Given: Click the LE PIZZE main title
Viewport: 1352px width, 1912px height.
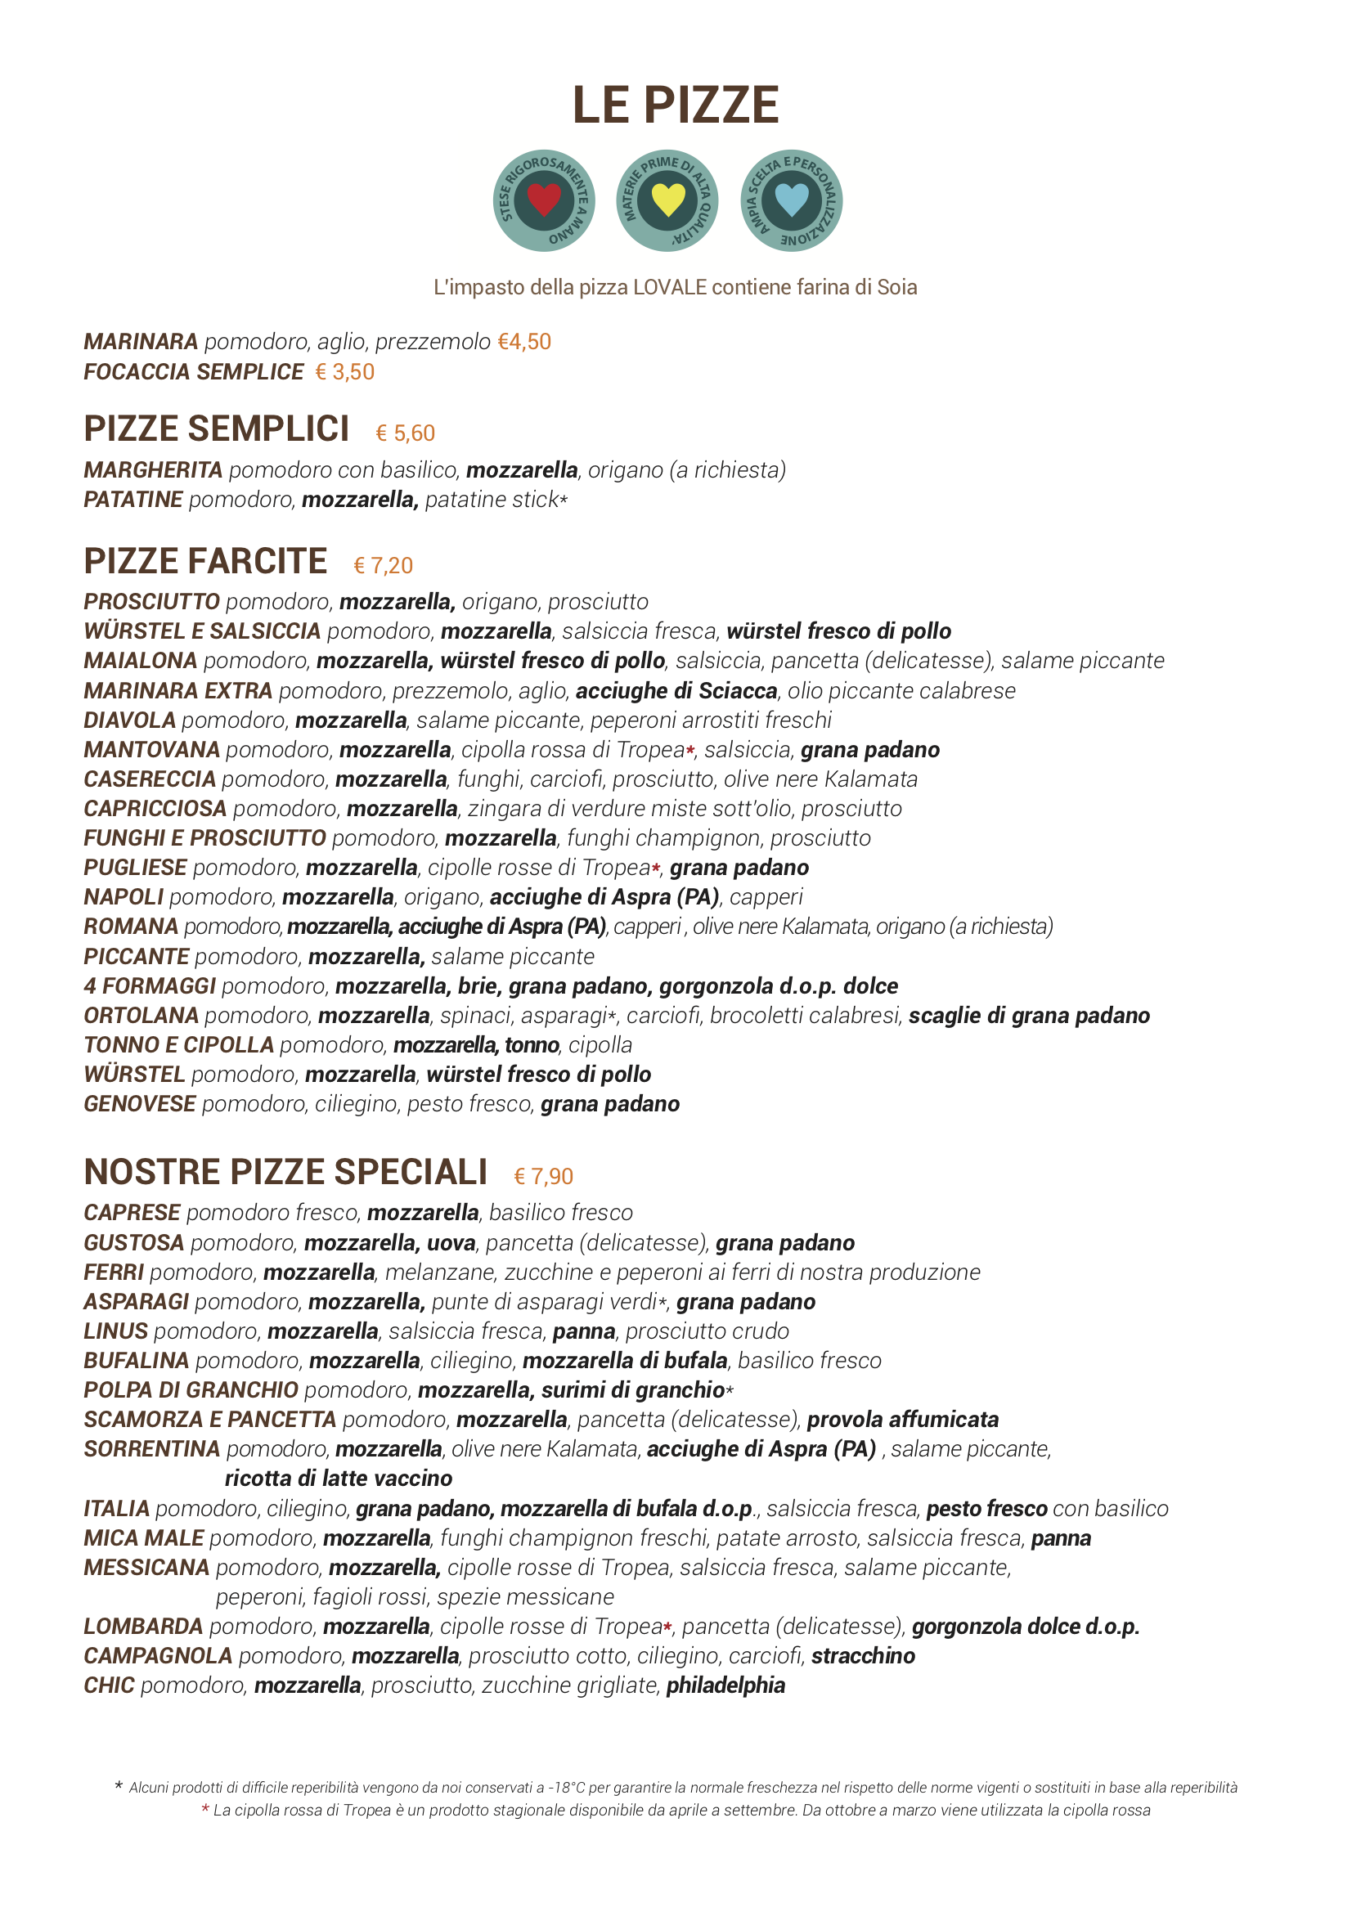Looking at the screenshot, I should pyautogui.click(x=675, y=105).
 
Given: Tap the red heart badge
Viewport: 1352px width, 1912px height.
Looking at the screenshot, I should pyautogui.click(x=544, y=200).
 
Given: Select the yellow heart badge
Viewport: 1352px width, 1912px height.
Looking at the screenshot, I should pyautogui.click(x=667, y=200).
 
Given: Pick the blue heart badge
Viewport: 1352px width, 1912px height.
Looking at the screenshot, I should pyautogui.click(x=792, y=200).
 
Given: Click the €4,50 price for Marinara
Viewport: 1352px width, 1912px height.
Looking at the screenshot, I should pyautogui.click(x=524, y=342).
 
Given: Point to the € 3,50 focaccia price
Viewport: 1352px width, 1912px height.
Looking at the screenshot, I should pyautogui.click(x=345, y=371).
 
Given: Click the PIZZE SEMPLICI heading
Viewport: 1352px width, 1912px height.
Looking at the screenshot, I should pyautogui.click(x=217, y=429).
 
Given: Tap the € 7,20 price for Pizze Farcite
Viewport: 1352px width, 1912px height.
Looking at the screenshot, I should pyautogui.click(x=384, y=565).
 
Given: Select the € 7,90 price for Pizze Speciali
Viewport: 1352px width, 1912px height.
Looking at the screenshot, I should pyautogui.click(x=543, y=1176).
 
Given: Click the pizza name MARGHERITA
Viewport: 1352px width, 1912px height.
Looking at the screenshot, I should pyautogui.click(x=153, y=469).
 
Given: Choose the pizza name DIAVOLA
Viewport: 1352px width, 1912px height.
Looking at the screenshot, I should pyautogui.click(x=130, y=720).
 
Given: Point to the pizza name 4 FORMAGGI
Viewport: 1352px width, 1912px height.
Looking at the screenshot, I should pyautogui.click(x=150, y=985).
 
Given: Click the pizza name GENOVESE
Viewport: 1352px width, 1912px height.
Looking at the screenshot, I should pyautogui.click(x=140, y=1103).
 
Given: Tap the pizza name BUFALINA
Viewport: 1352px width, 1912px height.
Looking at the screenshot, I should pyautogui.click(x=137, y=1360).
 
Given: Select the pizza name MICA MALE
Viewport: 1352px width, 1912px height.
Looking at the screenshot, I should pyautogui.click(x=144, y=1537).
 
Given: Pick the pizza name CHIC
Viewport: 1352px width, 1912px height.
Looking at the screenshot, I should pyautogui.click(x=109, y=1685).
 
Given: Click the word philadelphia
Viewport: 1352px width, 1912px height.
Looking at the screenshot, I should pyautogui.click(x=725, y=1685).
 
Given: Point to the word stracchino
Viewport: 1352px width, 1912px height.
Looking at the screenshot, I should pyautogui.click(x=863, y=1655).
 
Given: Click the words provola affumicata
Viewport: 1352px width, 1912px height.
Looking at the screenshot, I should pyautogui.click(x=903, y=1419).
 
